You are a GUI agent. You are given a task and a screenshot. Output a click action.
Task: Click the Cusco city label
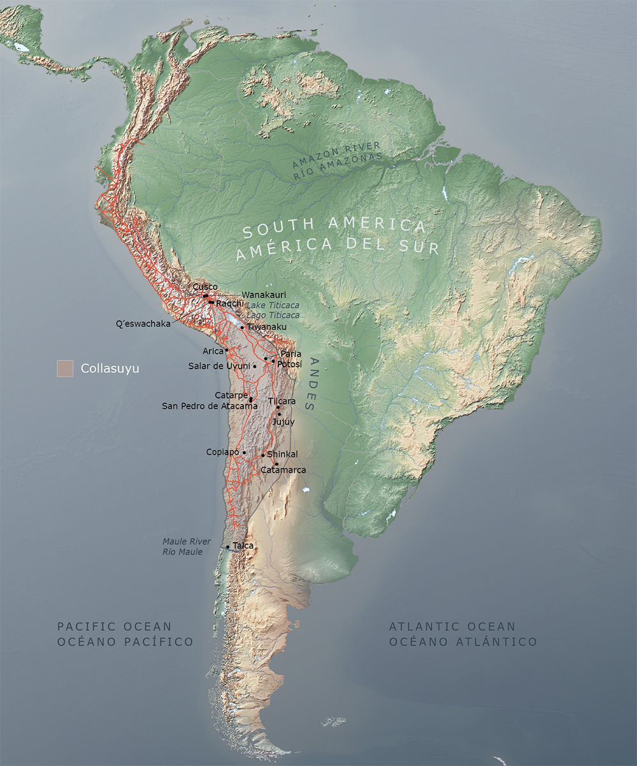(x=205, y=287)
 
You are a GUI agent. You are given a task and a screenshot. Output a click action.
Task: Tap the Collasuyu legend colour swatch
(x=65, y=368)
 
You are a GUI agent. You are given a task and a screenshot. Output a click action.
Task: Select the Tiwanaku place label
(x=266, y=327)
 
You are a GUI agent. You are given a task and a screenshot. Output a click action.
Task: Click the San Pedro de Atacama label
(x=210, y=406)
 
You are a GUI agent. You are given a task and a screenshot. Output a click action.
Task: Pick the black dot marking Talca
(x=228, y=547)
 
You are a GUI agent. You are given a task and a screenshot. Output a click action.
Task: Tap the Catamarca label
(x=283, y=470)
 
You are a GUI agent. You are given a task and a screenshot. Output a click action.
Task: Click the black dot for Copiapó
(x=244, y=452)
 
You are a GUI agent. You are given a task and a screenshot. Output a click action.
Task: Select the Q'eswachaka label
(x=143, y=323)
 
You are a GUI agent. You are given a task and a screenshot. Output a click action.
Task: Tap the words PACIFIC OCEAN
(x=115, y=627)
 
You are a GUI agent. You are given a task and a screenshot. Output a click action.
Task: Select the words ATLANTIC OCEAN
(x=452, y=627)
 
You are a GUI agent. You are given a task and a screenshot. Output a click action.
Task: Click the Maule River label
(x=186, y=541)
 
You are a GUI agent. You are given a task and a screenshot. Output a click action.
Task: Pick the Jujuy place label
(x=283, y=422)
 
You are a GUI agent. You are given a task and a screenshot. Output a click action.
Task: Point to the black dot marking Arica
(x=226, y=350)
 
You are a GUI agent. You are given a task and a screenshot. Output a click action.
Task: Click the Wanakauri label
(x=261, y=295)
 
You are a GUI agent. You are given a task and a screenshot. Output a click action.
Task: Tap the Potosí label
(x=289, y=363)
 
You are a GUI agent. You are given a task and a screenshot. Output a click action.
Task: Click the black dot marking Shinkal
(x=263, y=455)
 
